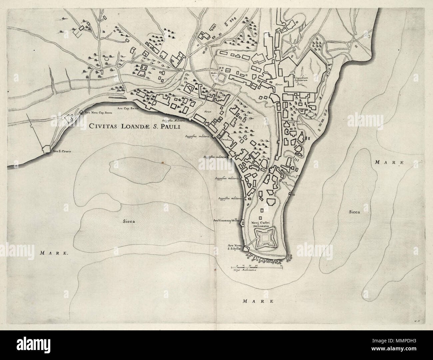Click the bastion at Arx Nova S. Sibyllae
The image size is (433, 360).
[246, 248]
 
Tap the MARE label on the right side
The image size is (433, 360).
[389, 163]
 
